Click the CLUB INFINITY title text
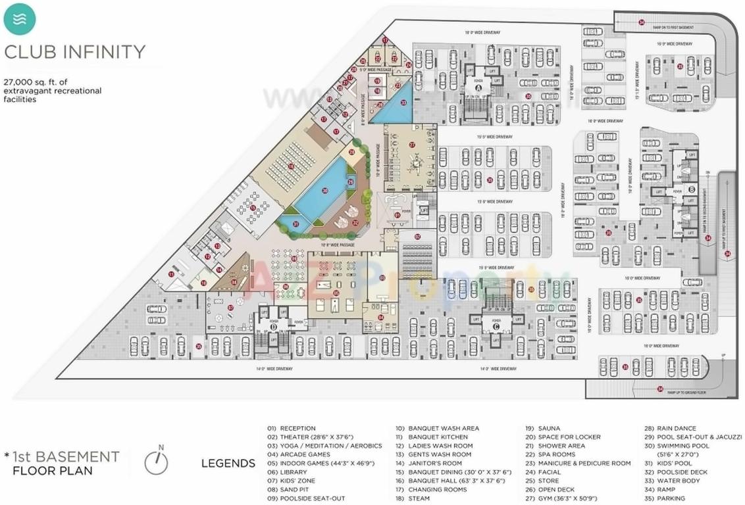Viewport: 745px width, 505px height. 75,51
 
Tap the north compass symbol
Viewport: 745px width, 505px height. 156,462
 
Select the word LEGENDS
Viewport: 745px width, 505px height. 228,464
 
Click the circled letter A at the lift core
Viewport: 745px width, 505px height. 478,87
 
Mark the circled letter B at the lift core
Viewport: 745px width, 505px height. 691,189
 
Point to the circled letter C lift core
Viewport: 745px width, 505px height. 496,325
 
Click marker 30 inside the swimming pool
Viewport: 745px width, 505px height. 324,191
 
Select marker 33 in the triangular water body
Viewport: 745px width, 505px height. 403,103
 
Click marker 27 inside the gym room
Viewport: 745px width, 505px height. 412,145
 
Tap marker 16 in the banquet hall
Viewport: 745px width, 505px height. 290,166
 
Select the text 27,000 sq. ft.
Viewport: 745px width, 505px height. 30,82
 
